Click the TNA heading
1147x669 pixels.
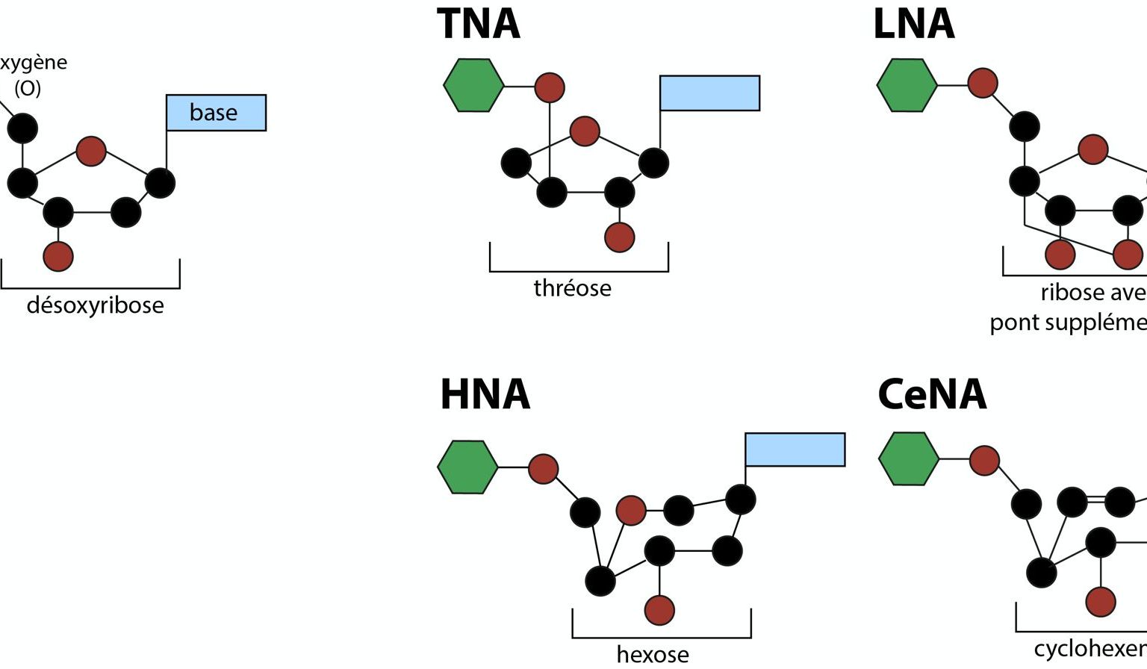[x=478, y=24]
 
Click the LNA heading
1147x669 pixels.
[x=913, y=24]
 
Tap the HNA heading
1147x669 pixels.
[x=485, y=394]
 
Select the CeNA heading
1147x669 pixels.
[x=931, y=394]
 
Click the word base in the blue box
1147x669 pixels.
[x=214, y=113]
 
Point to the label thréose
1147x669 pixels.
[x=572, y=288]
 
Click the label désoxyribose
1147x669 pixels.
[x=95, y=305]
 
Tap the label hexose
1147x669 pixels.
[x=652, y=654]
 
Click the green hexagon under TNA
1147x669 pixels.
[x=473, y=86]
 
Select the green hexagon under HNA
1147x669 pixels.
[x=467, y=467]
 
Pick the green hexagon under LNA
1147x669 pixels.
[x=907, y=85]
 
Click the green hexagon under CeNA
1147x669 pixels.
[x=908, y=458]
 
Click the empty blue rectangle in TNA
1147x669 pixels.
[x=709, y=93]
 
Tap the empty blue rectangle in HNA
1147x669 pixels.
[x=795, y=449]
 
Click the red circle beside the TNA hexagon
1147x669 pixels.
[x=550, y=87]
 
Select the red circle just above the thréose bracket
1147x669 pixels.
[x=619, y=237]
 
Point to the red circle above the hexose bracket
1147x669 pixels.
[x=659, y=609]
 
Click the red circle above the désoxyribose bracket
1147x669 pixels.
[x=58, y=256]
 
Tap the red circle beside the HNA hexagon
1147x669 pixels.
[x=543, y=469]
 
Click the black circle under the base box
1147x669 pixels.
[x=160, y=183]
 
